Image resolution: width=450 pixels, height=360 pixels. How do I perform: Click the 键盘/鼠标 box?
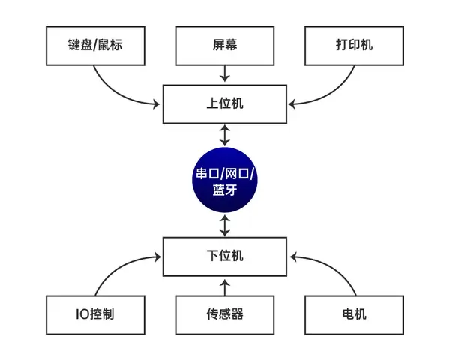(94, 46)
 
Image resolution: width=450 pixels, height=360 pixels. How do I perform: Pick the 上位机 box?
(224, 104)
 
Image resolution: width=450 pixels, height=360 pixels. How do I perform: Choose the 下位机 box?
(224, 256)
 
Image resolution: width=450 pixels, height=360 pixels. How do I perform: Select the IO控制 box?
(94, 314)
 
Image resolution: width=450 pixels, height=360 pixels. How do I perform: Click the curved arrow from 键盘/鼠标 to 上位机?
(112, 90)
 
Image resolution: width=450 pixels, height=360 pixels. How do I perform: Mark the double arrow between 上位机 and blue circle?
(224, 135)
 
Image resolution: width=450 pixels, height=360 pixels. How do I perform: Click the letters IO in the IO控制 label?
(81, 314)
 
